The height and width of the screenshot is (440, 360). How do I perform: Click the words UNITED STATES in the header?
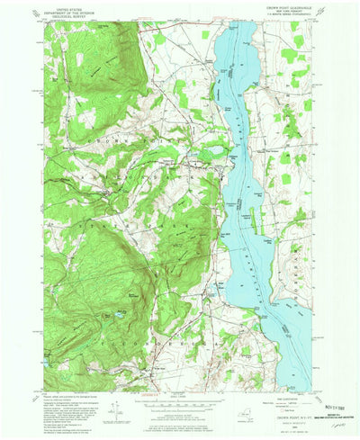[76, 8]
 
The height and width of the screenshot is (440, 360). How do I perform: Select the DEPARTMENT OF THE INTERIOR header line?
[76, 13]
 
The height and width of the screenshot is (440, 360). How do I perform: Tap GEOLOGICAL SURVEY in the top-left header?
[76, 17]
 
